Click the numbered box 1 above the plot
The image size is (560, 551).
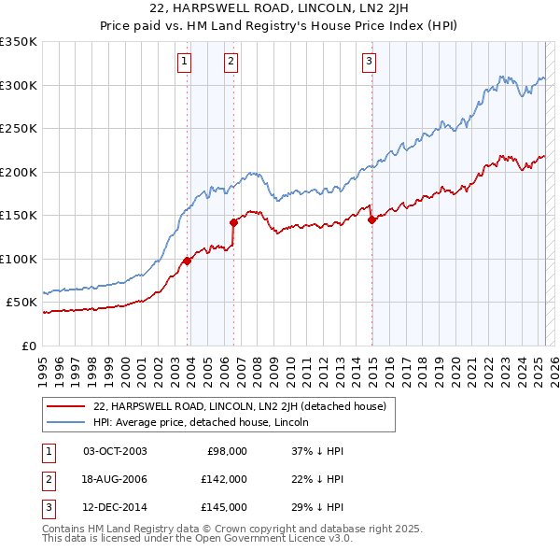184,63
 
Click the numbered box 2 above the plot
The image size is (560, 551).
231,63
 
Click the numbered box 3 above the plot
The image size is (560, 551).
369,63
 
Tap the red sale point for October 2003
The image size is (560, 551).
187,261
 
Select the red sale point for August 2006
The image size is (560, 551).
234,222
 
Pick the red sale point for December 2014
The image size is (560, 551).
371,219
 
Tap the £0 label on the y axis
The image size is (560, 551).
28,346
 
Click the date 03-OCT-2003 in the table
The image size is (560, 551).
115,451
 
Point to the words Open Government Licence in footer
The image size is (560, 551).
272,539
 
